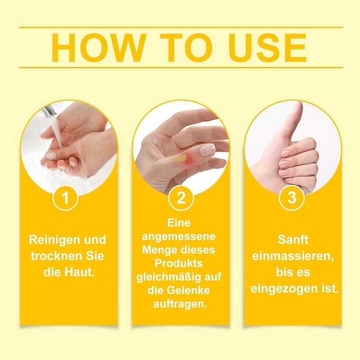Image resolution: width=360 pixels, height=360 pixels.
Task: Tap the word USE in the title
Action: tap(267, 48)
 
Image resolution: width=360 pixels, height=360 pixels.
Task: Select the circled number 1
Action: tap(65, 198)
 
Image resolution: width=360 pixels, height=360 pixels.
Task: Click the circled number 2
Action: tap(181, 198)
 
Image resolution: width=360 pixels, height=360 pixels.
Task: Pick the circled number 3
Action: tap(292, 198)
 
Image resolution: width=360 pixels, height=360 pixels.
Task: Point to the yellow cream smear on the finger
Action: tap(178, 158)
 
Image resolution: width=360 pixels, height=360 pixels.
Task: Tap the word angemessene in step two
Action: tap(179, 237)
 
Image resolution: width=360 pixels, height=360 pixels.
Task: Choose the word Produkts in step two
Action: tap(179, 263)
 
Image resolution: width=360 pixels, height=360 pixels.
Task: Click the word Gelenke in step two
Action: tap(188, 290)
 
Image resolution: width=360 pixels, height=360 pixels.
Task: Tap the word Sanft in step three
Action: tap(293, 240)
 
